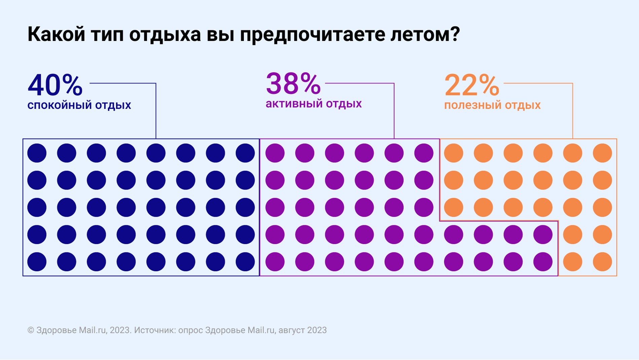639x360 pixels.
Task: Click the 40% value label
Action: [55, 85]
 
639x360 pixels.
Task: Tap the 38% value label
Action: [293, 84]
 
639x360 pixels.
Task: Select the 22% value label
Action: [472, 85]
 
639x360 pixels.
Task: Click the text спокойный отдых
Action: [79, 106]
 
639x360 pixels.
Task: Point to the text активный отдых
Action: [313, 104]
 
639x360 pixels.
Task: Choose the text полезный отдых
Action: [492, 106]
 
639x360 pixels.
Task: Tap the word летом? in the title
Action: [425, 34]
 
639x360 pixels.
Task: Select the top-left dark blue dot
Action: [37, 153]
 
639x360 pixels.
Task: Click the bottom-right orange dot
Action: [602, 262]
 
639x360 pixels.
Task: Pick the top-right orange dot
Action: [602, 153]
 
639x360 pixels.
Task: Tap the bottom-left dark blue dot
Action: [37, 262]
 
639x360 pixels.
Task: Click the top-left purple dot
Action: [275, 153]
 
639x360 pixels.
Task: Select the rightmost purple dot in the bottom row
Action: [543, 262]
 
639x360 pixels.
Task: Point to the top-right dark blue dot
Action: [245, 153]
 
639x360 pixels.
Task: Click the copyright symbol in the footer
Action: [31, 330]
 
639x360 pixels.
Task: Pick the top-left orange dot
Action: [454, 153]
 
